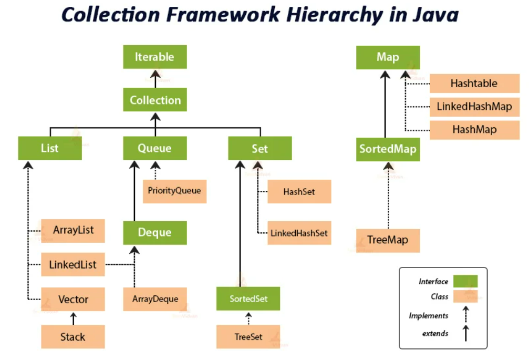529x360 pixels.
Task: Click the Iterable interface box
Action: coord(155,57)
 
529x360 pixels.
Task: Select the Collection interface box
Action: coord(155,100)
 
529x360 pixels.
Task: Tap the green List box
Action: coord(50,148)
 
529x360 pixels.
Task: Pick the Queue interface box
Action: coord(155,148)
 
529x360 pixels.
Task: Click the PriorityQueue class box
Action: coord(174,191)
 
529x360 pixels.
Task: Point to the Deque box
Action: coord(155,233)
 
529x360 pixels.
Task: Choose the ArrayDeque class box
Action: coord(155,299)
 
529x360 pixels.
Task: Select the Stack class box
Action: coord(73,337)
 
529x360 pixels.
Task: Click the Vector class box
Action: coord(73,300)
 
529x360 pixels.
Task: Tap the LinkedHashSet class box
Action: coord(299,233)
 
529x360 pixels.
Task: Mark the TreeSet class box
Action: coord(248,337)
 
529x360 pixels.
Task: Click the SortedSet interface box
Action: coord(248,299)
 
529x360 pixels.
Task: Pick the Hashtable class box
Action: coord(474,84)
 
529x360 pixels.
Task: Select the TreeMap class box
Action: coord(388,240)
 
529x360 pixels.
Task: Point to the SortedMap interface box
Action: coord(388,149)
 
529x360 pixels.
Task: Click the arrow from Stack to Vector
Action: coord(73,318)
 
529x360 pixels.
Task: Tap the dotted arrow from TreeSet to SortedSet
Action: coord(248,318)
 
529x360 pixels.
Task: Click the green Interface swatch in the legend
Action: coord(465,281)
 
